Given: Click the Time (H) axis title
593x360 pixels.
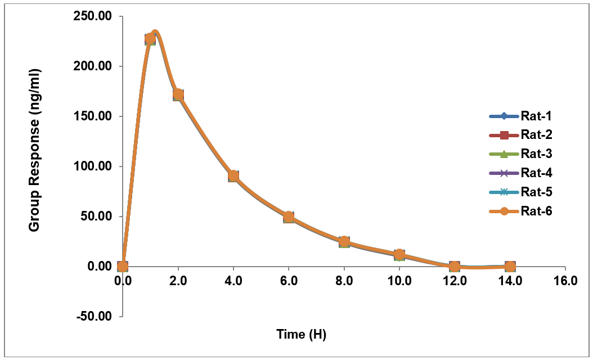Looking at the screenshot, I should pos(301,334).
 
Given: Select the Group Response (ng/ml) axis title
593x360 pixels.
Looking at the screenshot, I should pos(34,150).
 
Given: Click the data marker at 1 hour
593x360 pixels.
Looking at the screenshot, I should pos(150,39).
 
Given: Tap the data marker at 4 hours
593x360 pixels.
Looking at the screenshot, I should pos(233,176).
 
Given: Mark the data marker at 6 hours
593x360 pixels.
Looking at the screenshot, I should pos(289,217).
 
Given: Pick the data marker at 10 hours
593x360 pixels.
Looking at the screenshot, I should pos(399,255).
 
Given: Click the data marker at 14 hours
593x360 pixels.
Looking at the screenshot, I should pos(510,266).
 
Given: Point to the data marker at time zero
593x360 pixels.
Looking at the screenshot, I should pos(123,266).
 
